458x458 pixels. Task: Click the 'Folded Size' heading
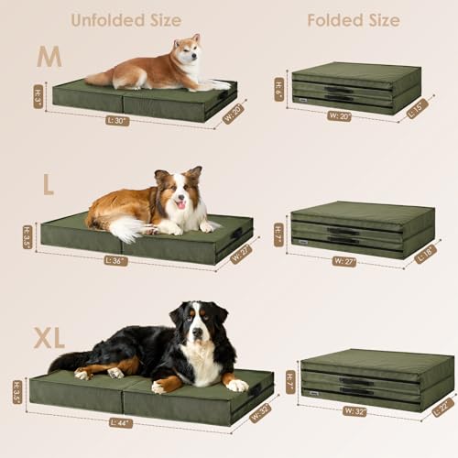pos(353,20)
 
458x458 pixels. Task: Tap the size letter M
pos(49,58)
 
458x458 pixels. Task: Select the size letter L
pos(48,184)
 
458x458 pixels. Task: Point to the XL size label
pos(49,338)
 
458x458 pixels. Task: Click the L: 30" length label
pos(117,120)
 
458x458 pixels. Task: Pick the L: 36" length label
pos(118,260)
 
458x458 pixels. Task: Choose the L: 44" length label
pos(121,422)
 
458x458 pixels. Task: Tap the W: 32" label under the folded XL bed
pos(354,411)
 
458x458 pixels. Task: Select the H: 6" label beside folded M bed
pos(279,88)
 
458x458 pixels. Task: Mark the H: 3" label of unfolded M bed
pos(39,96)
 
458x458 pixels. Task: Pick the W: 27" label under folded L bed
pos(344,261)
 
